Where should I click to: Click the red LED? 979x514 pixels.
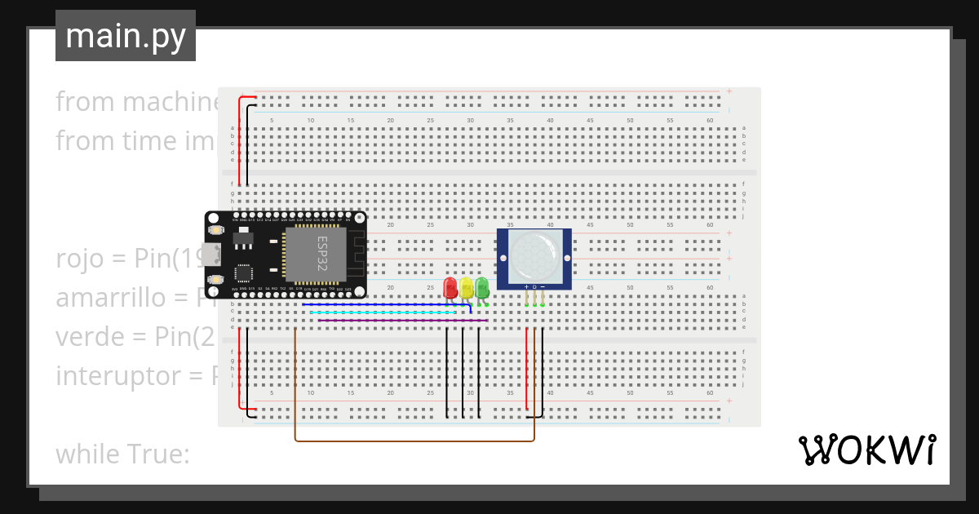450,287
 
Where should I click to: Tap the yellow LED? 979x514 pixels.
466,287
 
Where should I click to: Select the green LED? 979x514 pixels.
481,286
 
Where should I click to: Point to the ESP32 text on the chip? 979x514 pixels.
321,252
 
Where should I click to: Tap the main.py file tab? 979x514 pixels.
126,36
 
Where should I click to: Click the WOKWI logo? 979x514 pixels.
866,450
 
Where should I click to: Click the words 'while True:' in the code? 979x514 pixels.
122,454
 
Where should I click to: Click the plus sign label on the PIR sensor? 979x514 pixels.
526,286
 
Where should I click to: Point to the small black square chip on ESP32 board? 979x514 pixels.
244,272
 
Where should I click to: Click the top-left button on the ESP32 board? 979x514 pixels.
216,231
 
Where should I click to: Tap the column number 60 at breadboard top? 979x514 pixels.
710,121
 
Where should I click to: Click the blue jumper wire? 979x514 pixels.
383,305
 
